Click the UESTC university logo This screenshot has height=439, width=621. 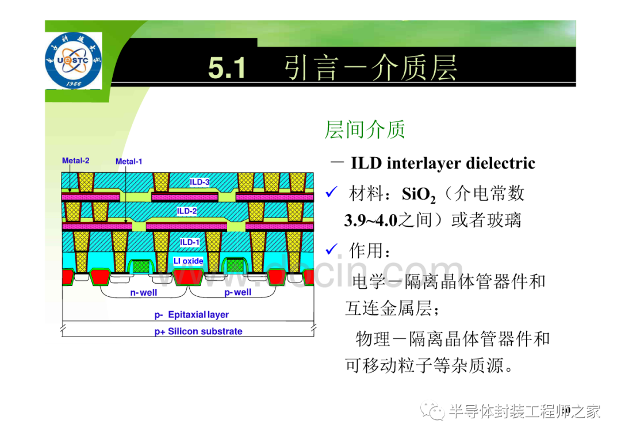[73, 60]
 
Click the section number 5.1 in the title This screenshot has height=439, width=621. [227, 68]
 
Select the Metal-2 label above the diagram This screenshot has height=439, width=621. [76, 161]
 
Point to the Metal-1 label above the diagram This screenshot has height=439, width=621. [129, 161]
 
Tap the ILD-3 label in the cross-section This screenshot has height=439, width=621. [199, 182]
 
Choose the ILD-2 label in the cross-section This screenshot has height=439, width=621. [186, 211]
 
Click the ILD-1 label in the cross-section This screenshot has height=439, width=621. [190, 242]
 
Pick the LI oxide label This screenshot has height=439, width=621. [188, 261]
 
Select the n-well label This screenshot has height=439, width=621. [143, 292]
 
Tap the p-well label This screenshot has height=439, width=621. [237, 292]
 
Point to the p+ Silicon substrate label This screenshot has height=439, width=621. [198, 331]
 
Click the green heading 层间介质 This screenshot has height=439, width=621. [365, 129]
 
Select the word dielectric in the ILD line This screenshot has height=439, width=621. [501, 163]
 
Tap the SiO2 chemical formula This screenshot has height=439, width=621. [419, 194]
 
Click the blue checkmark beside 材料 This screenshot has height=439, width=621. [332, 192]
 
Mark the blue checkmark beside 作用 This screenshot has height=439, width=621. [332, 249]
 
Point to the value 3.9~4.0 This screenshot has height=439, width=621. [370, 220]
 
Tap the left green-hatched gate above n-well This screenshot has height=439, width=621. [141, 266]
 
